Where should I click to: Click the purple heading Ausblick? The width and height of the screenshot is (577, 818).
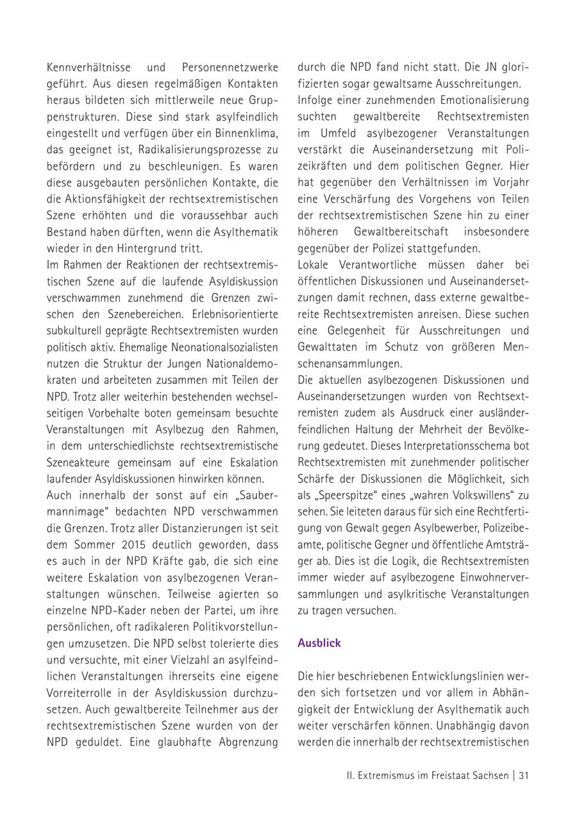319,643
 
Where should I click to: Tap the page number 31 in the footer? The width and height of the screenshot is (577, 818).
524,775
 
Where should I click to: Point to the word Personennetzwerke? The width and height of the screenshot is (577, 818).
230,67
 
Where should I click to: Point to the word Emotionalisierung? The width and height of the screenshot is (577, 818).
484,100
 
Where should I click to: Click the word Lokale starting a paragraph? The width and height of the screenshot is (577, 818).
316,265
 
